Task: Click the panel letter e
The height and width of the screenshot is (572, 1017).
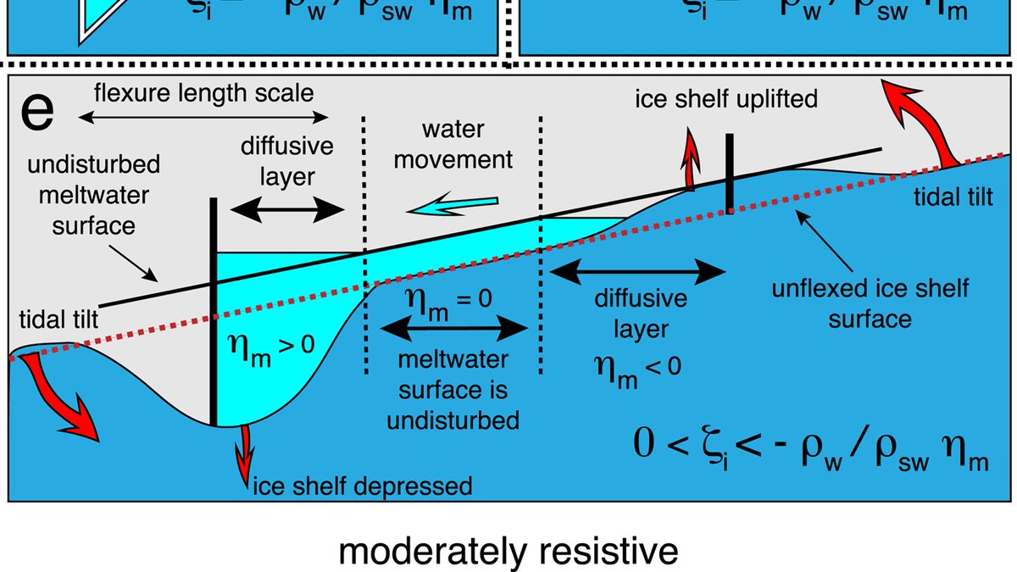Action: [x=38, y=112]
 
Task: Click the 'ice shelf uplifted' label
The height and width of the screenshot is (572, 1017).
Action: [x=726, y=99]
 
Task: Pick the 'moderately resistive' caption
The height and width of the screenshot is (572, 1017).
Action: [x=508, y=552]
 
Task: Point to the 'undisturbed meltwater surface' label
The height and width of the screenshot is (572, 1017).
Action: [x=81, y=196]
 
